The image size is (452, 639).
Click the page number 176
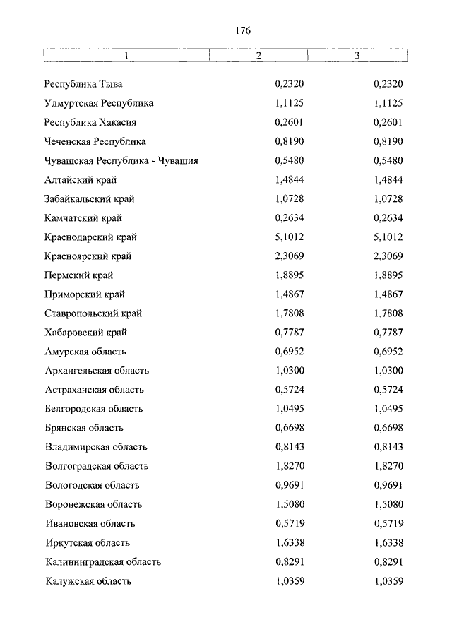240,31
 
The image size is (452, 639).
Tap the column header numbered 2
259,55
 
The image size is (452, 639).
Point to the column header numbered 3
357,55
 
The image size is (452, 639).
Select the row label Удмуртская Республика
99,104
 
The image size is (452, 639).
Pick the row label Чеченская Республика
95,142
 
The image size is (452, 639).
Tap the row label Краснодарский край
90,237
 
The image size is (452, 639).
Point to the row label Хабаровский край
86,333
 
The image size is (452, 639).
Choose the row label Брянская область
84,428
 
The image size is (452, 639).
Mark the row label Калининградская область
102,562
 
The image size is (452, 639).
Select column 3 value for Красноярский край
388,256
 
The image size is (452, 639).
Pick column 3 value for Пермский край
388,275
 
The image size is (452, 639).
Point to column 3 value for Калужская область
388,581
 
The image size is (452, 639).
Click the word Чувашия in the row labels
177,161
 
